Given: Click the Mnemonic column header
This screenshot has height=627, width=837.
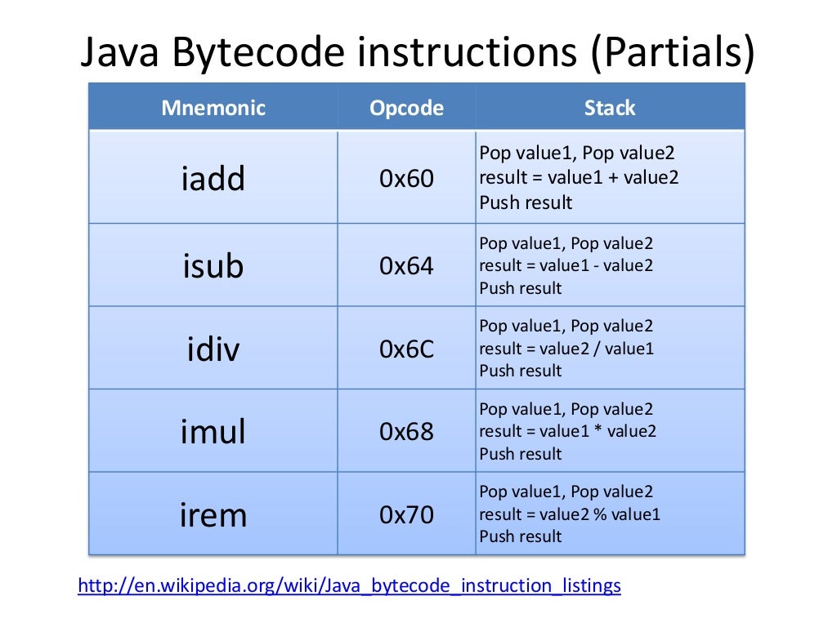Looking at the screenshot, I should [213, 108].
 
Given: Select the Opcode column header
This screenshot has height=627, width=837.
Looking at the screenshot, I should [406, 108].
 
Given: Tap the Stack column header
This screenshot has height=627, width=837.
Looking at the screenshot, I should [610, 108].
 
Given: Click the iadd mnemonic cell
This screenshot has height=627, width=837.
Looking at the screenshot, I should [213, 178].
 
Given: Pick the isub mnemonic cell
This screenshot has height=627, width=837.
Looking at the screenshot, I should [213, 266].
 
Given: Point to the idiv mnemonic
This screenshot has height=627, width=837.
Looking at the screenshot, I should [213, 349].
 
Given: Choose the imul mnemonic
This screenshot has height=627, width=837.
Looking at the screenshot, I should [213, 431].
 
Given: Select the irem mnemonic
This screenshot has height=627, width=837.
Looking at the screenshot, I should [213, 514].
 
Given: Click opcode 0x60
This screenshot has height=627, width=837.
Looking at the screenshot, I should [406, 178].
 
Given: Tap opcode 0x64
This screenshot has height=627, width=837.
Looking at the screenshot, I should [406, 266].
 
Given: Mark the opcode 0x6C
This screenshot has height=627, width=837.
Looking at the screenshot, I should [406, 349].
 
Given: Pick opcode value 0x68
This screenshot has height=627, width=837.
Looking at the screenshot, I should [406, 431].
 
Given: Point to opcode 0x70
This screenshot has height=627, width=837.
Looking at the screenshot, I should [406, 514].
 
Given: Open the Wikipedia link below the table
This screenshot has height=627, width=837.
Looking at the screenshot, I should [349, 585].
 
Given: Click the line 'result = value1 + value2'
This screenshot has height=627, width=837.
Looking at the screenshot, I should [579, 177].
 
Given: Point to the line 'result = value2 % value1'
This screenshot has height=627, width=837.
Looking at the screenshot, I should [570, 514].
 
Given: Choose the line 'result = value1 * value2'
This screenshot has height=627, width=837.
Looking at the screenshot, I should [567, 431].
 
